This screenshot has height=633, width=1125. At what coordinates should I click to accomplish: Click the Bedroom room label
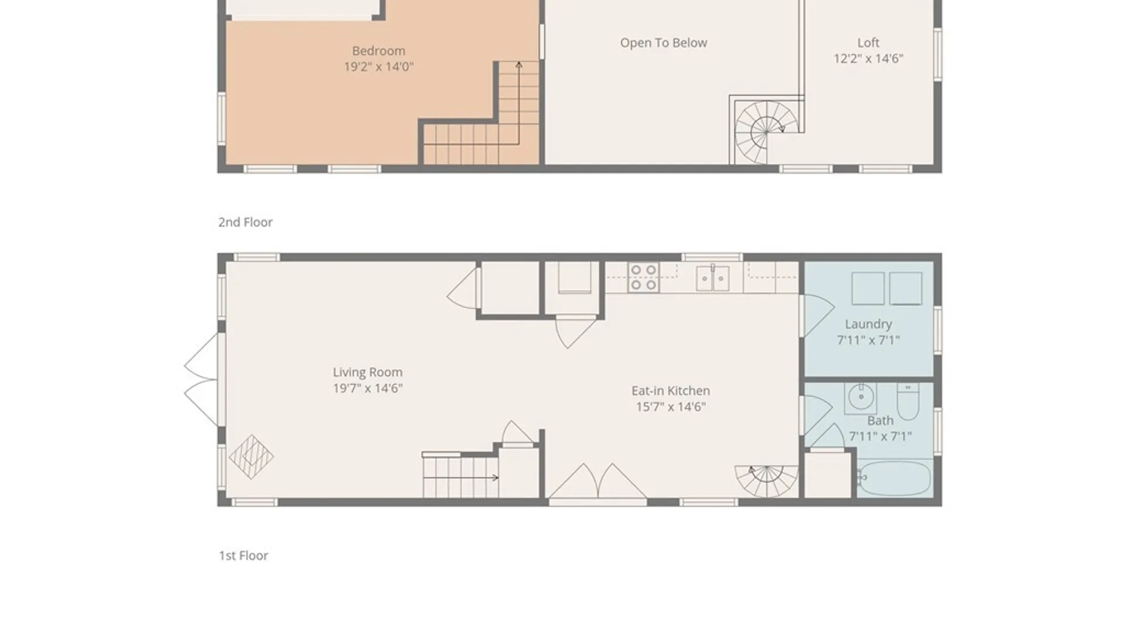pyautogui.click(x=379, y=51)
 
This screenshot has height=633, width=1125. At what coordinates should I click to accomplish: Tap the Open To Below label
pyautogui.click(x=663, y=43)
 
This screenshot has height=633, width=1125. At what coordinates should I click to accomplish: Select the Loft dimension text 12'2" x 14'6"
pyautogui.click(x=868, y=59)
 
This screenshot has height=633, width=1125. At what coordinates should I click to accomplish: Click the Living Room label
pyautogui.click(x=367, y=372)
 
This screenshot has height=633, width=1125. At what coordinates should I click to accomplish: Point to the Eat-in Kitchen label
pyautogui.click(x=670, y=391)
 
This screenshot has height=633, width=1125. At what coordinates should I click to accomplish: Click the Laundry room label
pyautogui.click(x=868, y=324)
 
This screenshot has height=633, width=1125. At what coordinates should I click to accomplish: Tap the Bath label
pyautogui.click(x=880, y=421)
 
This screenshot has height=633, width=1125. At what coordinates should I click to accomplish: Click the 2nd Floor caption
pyautogui.click(x=246, y=222)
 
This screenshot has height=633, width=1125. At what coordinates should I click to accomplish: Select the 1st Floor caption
pyautogui.click(x=244, y=556)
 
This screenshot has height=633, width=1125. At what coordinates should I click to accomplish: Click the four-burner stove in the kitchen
pyautogui.click(x=643, y=277)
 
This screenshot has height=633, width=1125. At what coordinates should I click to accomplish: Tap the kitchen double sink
pyautogui.click(x=712, y=278)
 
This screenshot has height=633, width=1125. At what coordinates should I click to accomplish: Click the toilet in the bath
pyautogui.click(x=908, y=401)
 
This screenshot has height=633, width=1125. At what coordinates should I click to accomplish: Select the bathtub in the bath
pyautogui.click(x=894, y=478)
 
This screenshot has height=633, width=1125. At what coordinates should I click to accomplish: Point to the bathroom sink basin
pyautogui.click(x=861, y=398)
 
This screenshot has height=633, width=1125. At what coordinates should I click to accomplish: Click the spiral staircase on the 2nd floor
pyautogui.click(x=765, y=132)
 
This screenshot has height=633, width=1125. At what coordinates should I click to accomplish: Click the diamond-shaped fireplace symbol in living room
pyautogui.click(x=251, y=457)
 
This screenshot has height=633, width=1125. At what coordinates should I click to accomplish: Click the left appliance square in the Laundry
pyautogui.click(x=868, y=288)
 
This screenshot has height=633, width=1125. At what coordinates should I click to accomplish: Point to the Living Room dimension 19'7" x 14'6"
pyautogui.click(x=367, y=388)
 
